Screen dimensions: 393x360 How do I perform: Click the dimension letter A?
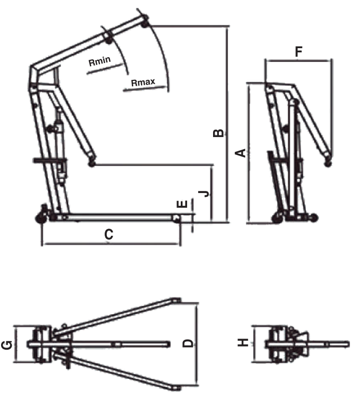coord(241,153)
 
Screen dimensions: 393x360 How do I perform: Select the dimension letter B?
coord(217,133)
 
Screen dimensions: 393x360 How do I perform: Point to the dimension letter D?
coord(188,343)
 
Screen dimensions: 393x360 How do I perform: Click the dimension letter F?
coord(299,52)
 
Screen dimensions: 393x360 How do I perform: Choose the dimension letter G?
coord(8,345)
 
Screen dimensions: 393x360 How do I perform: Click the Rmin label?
coord(99,62)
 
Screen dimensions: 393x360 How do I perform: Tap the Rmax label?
coord(142,83)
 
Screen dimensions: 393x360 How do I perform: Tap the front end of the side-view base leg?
coord(178,217)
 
